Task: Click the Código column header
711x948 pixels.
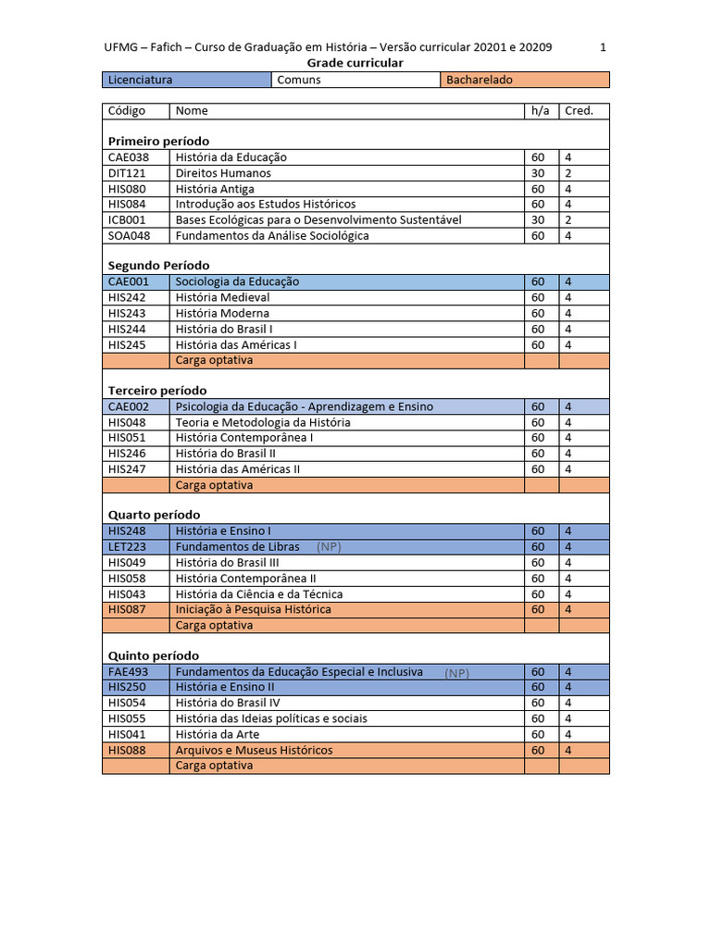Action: (127, 111)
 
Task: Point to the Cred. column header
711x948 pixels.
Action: (579, 111)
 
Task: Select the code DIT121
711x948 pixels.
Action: (125, 173)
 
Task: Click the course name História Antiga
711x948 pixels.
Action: (215, 189)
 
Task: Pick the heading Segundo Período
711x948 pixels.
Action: (158, 266)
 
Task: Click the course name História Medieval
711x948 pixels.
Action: (222, 297)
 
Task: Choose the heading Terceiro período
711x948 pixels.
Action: (157, 391)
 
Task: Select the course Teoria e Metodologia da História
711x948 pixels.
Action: (263, 422)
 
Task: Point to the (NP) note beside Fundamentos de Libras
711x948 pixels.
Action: (329, 547)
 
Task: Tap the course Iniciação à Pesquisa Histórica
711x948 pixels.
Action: (253, 609)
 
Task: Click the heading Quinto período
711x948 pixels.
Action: (154, 655)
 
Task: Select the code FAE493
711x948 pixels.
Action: (127, 672)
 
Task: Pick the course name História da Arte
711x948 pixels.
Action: (218, 734)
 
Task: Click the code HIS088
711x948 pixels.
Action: (126, 750)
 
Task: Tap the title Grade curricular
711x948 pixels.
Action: (355, 63)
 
